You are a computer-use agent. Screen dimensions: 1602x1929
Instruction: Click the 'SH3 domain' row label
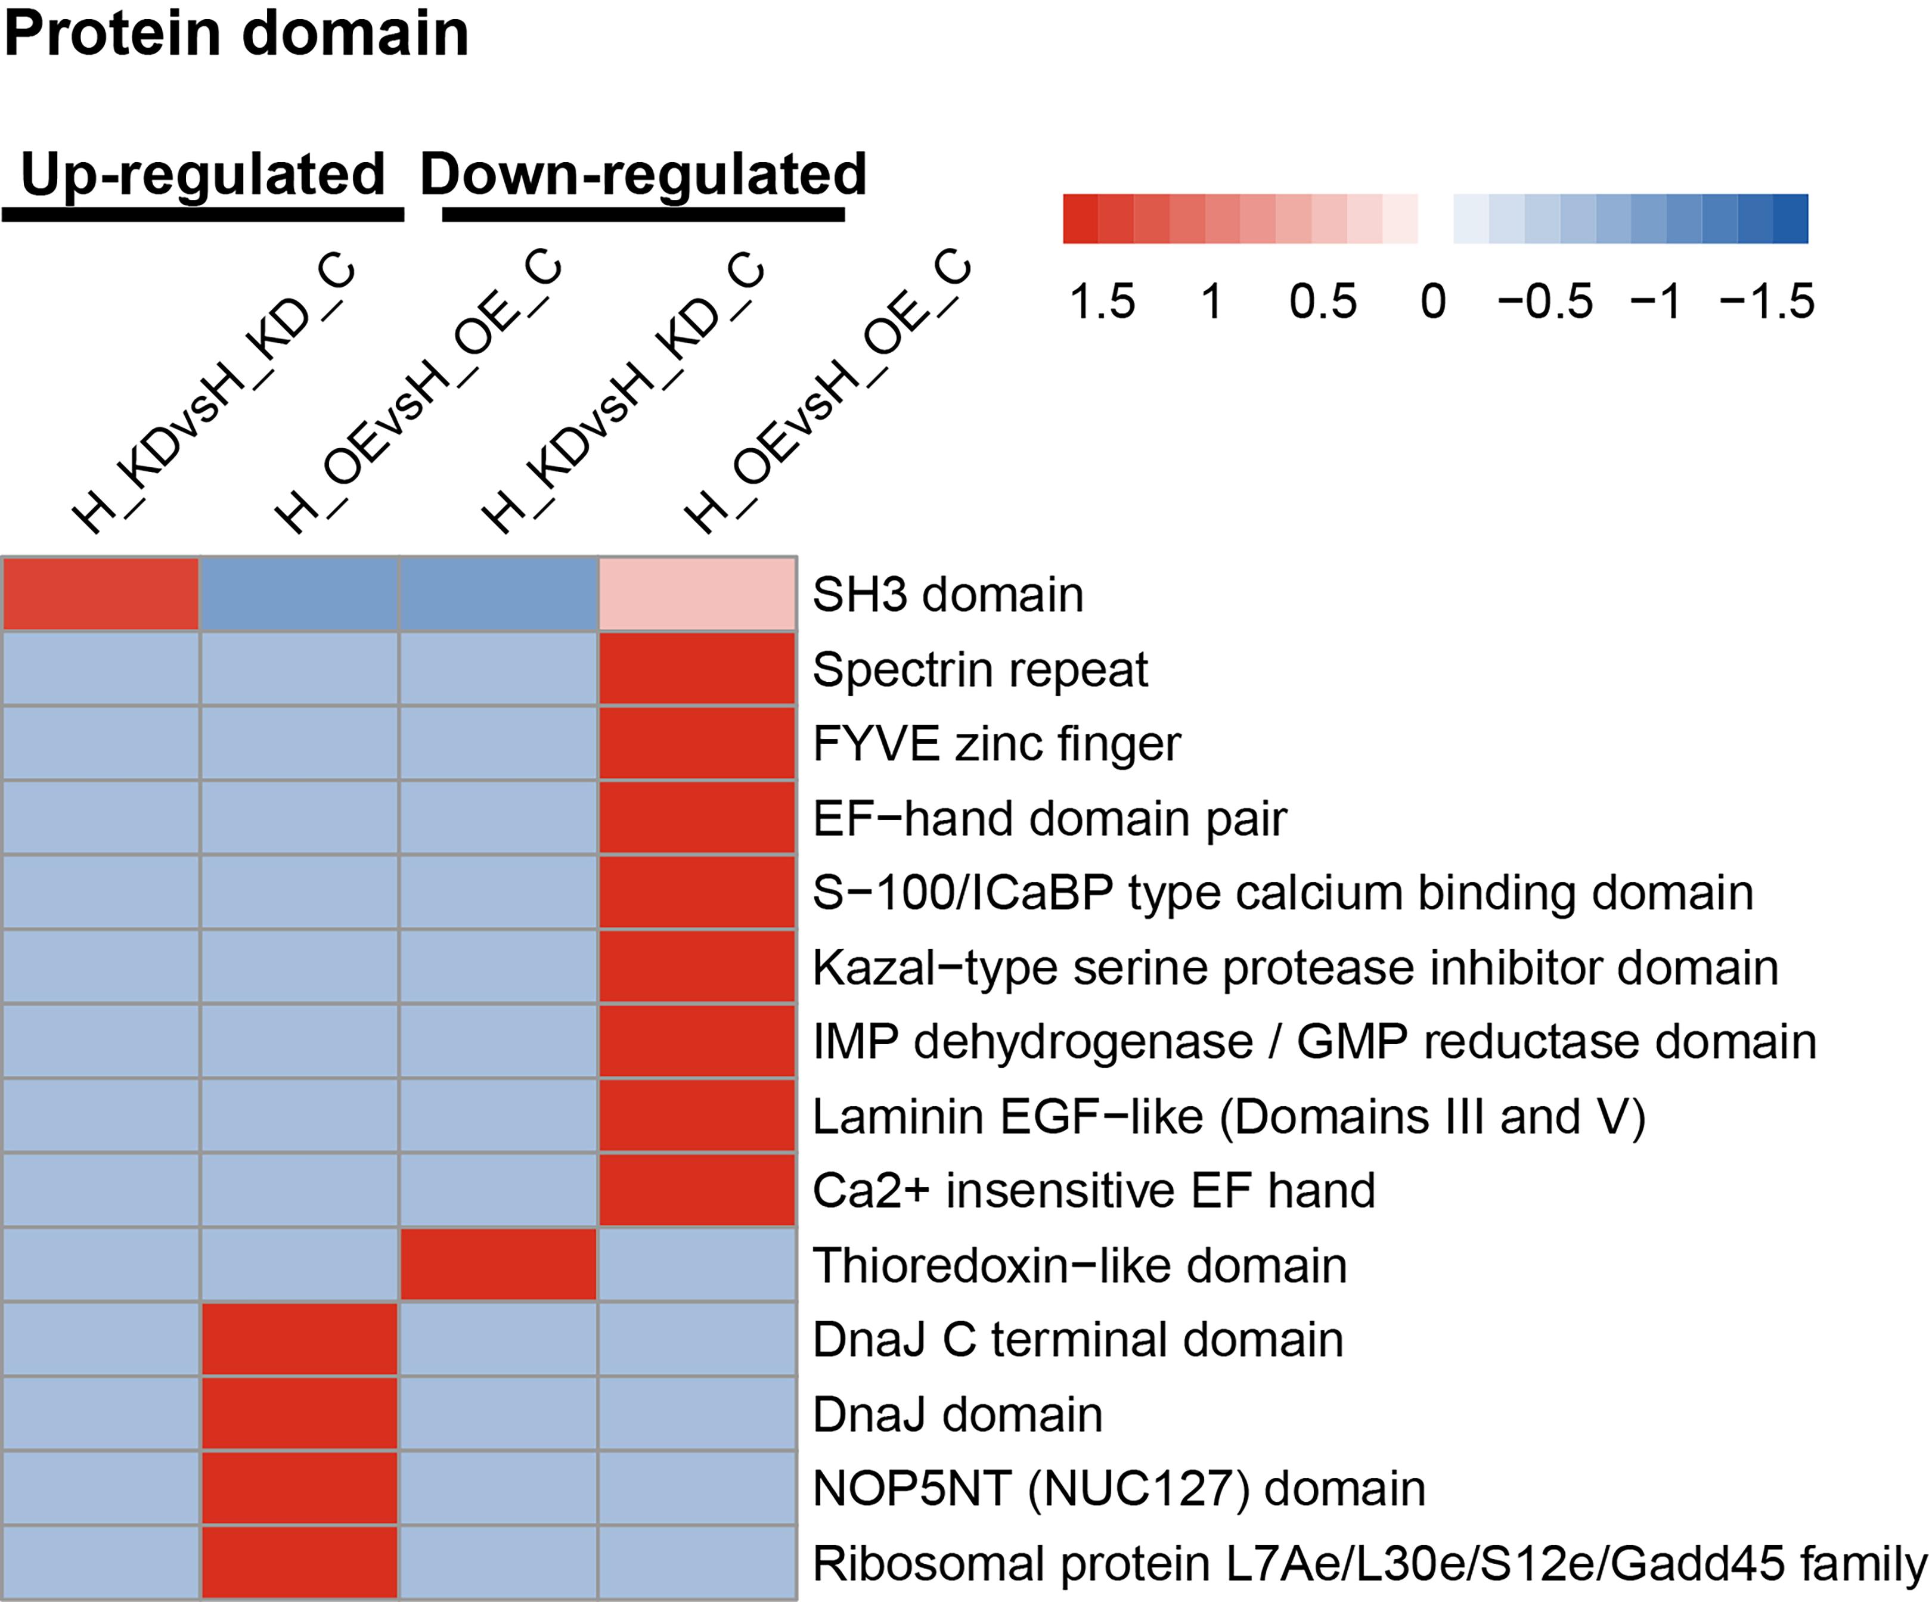(x=948, y=594)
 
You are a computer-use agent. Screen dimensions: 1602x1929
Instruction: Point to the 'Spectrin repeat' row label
(x=980, y=670)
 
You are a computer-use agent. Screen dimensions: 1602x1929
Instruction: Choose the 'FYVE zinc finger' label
(x=997, y=744)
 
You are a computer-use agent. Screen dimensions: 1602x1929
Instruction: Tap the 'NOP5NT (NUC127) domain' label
(x=1119, y=1489)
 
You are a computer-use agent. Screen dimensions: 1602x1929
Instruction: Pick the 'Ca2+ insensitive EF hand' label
(x=1094, y=1191)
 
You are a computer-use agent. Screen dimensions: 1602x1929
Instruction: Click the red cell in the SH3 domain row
(x=101, y=594)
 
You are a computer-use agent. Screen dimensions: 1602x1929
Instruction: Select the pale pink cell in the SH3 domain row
(x=697, y=594)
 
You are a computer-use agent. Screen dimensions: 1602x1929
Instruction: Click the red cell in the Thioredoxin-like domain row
(x=499, y=1265)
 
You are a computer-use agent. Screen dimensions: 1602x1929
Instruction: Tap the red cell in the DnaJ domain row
(x=299, y=1414)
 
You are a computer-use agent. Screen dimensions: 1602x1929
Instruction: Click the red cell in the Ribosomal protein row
(x=299, y=1563)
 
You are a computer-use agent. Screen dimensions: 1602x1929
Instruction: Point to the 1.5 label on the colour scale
(x=1102, y=302)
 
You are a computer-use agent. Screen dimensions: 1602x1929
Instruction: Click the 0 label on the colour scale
(x=1433, y=302)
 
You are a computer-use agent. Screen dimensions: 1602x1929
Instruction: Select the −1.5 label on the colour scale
(x=1766, y=302)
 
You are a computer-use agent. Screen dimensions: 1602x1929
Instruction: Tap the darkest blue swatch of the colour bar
(x=1790, y=219)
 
